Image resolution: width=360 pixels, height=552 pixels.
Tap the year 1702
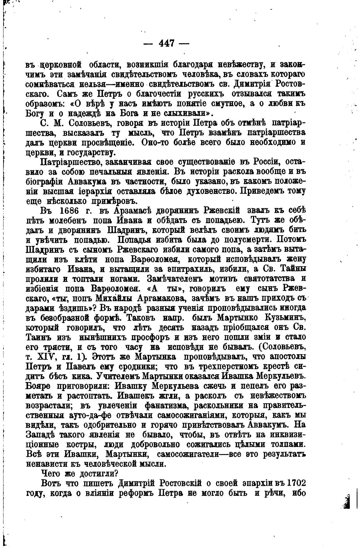point(295,483)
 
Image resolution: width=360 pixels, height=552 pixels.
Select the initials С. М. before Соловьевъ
point(51,123)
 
